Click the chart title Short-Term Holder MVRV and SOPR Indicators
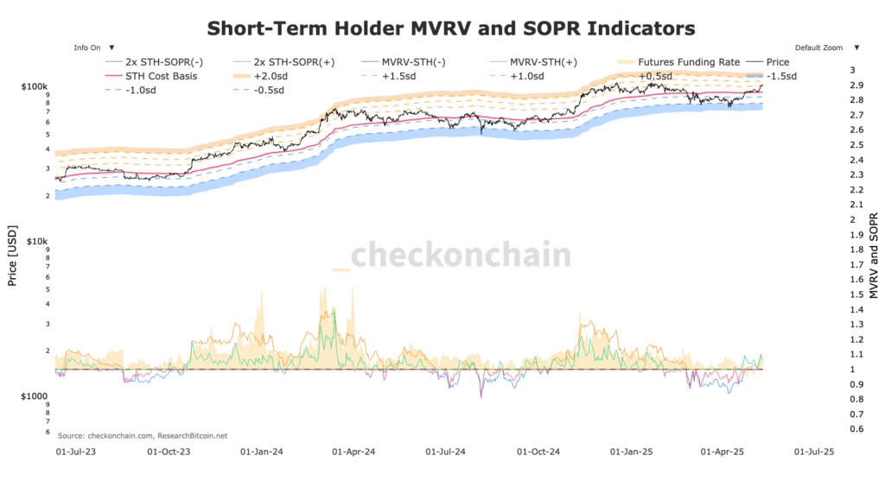click(x=450, y=28)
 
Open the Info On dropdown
click(x=94, y=48)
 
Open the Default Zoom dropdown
click(x=824, y=48)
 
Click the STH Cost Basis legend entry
click(x=161, y=76)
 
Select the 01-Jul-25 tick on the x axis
click(x=812, y=451)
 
